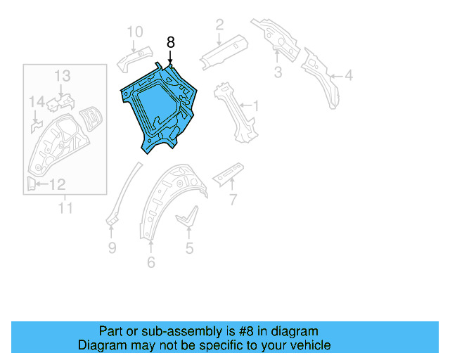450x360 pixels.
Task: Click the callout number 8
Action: pos(170,42)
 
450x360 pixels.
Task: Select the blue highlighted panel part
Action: pos(158,105)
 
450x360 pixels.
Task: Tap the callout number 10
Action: pos(134,31)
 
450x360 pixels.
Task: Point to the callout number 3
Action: pos(278,72)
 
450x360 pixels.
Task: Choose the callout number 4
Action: pos(349,76)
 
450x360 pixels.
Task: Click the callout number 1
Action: pos(256,107)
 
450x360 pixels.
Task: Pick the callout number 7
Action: pos(233,201)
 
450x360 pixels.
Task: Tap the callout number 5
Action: pos(189,247)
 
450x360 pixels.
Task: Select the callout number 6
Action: pos(150,263)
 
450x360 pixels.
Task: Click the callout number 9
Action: pos(112,247)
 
